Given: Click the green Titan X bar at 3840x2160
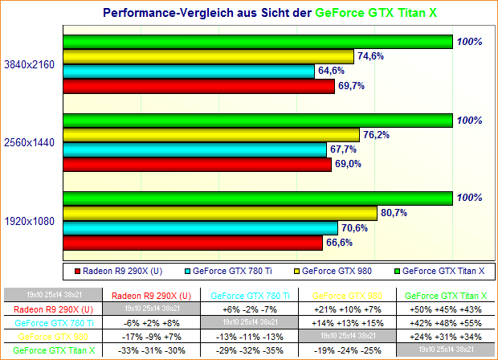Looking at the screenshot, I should (x=257, y=41).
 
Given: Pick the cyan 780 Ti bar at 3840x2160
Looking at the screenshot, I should (x=188, y=71).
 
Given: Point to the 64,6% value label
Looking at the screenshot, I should (x=333, y=71).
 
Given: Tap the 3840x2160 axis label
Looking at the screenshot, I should (x=30, y=63).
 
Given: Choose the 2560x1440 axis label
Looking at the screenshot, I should (x=30, y=142).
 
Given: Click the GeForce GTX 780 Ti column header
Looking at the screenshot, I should (x=250, y=295).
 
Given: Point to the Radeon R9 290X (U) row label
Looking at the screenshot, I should (x=54, y=309).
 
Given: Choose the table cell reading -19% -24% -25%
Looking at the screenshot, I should (x=349, y=350).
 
